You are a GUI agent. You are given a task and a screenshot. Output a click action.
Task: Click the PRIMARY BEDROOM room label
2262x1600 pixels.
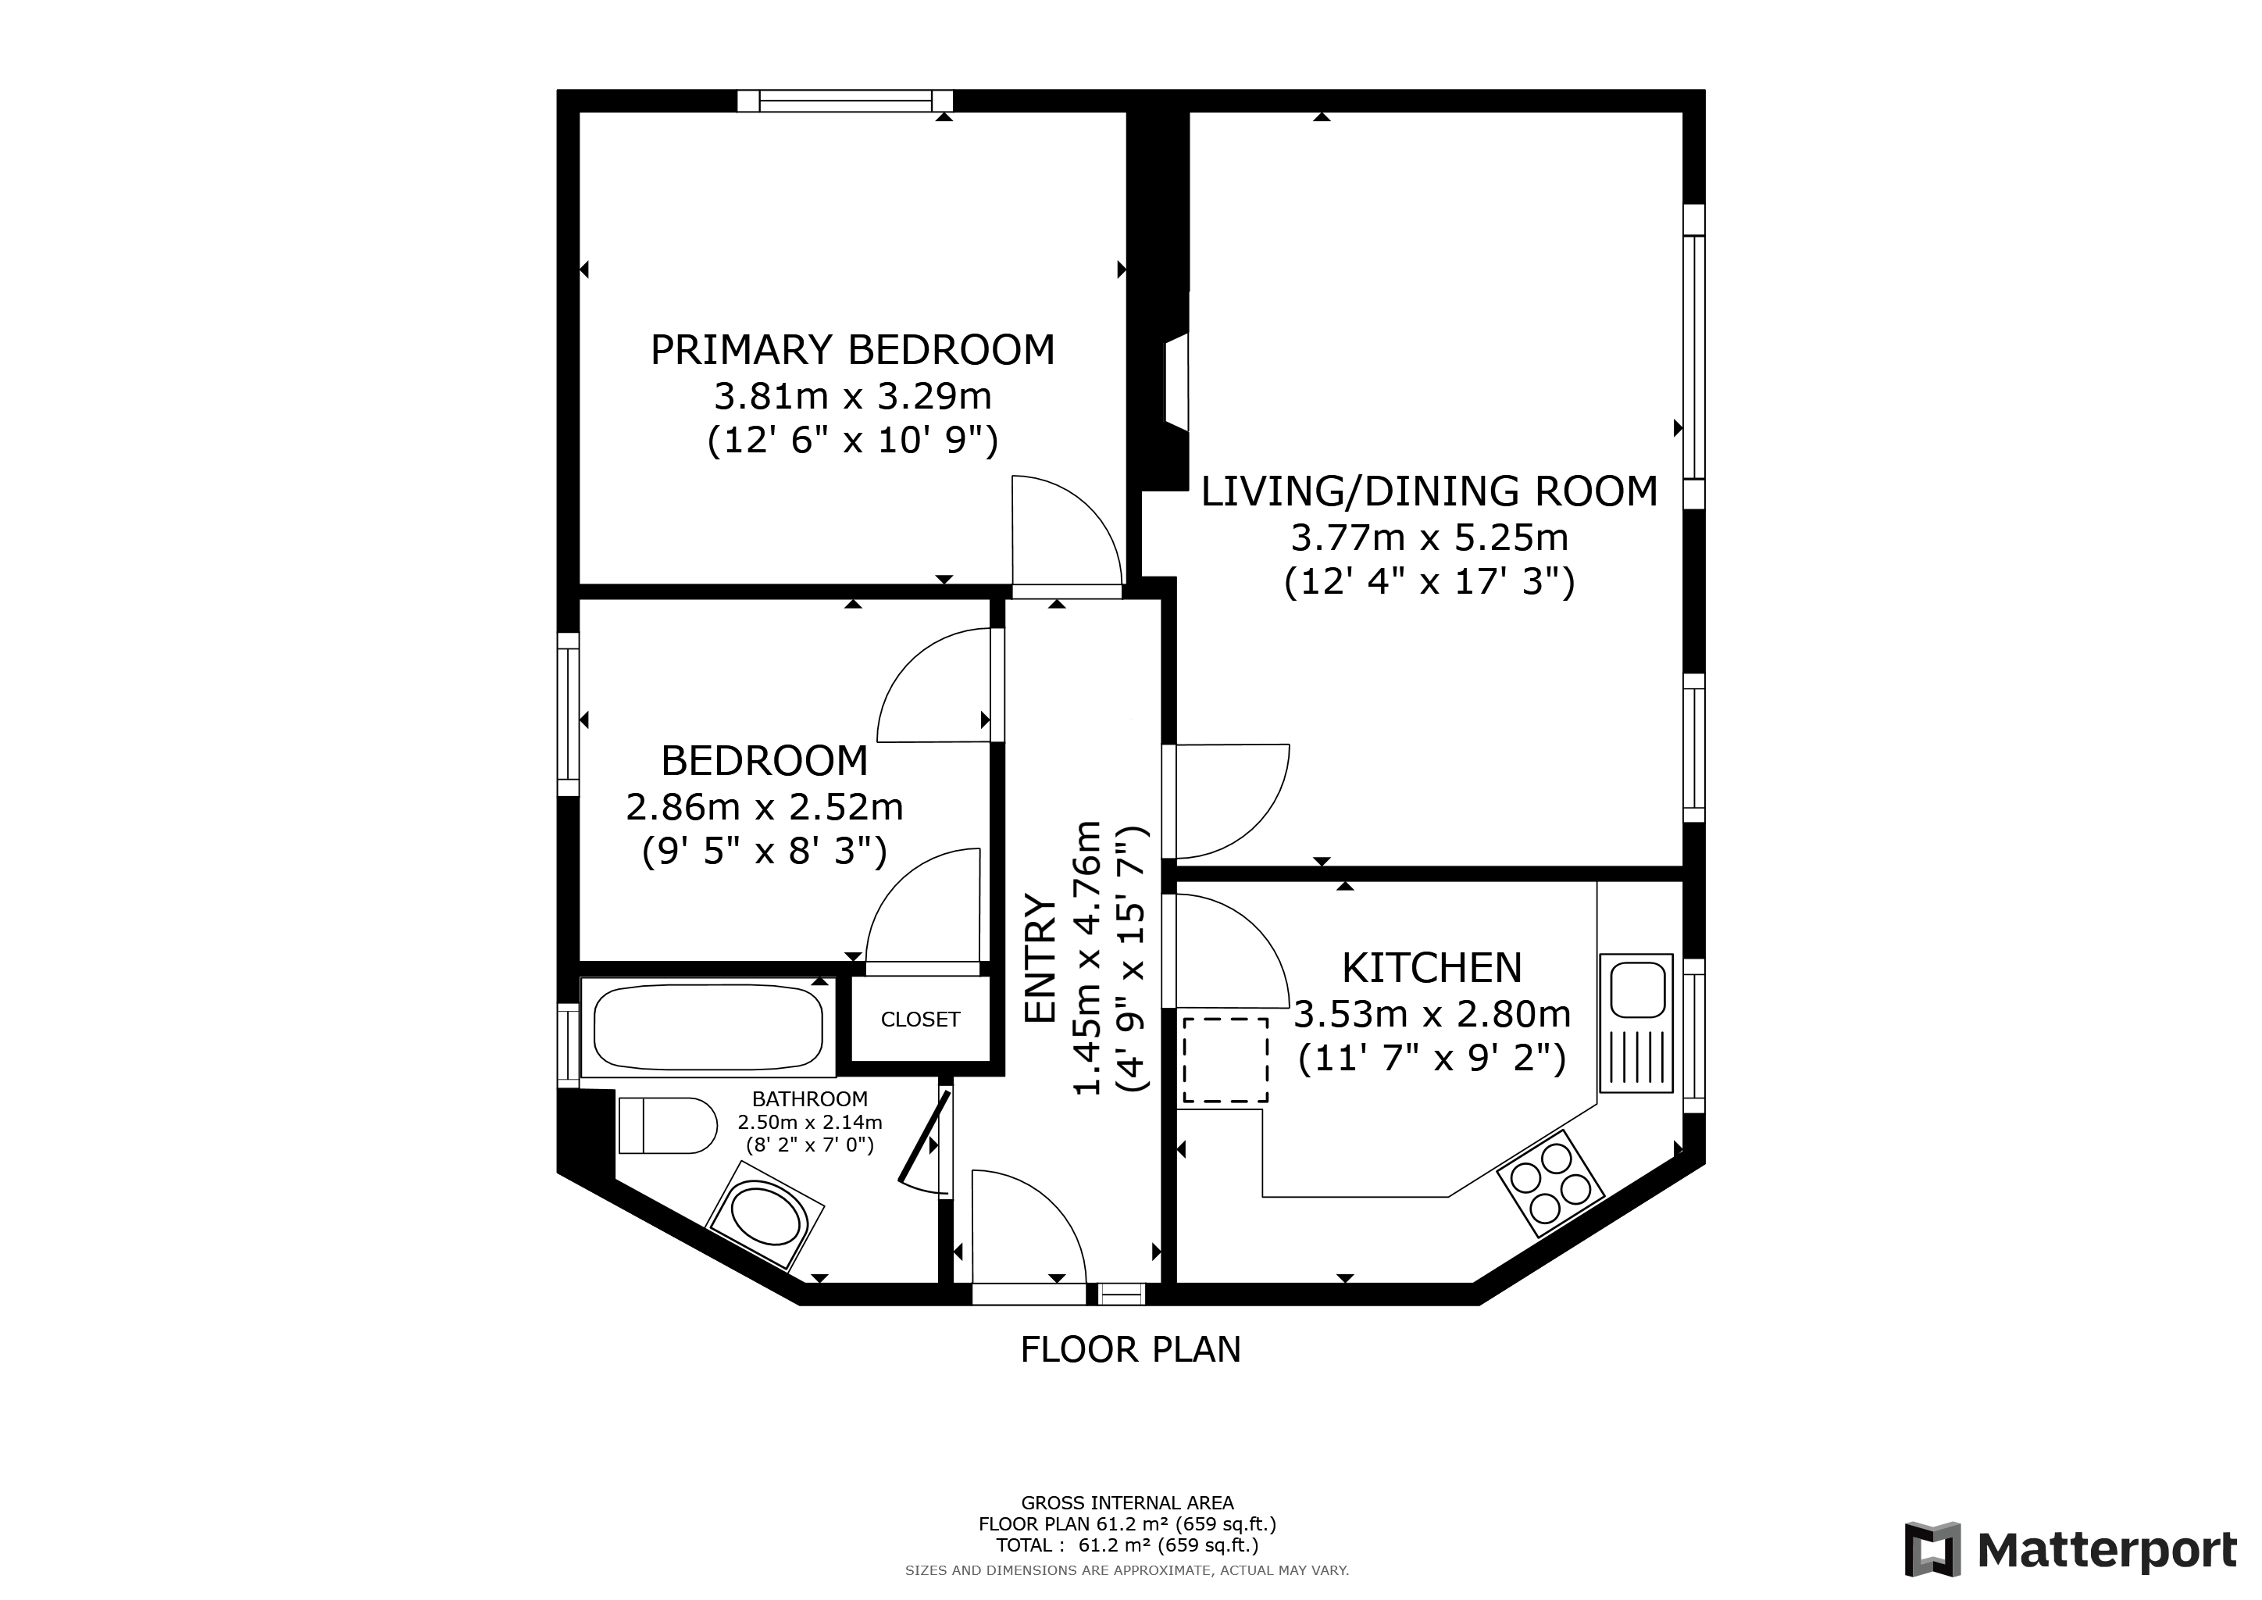coord(852,350)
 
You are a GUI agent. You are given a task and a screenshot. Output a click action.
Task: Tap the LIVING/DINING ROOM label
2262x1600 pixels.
coord(1429,491)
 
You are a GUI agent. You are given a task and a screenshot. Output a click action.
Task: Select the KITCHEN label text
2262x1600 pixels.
coord(1432,969)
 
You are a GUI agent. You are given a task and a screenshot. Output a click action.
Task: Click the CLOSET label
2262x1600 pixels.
coord(920,1020)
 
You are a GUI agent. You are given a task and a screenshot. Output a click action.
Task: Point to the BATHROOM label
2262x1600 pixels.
coord(810,1098)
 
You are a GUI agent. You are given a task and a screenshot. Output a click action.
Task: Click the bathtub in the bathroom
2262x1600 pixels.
coord(708,1027)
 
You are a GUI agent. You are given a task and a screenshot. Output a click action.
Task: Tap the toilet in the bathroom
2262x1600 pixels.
coord(668,1125)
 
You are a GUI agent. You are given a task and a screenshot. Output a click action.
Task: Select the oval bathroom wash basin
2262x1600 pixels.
coord(766,1215)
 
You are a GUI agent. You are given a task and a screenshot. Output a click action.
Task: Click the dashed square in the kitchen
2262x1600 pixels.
coord(1226,1060)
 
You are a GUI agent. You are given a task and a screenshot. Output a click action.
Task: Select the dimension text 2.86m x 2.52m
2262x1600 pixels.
coord(765,808)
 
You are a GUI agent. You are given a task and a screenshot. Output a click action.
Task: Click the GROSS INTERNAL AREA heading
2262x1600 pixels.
coord(1127,1503)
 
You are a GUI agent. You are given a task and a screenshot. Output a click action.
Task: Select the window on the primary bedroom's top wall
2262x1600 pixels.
coord(845,101)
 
